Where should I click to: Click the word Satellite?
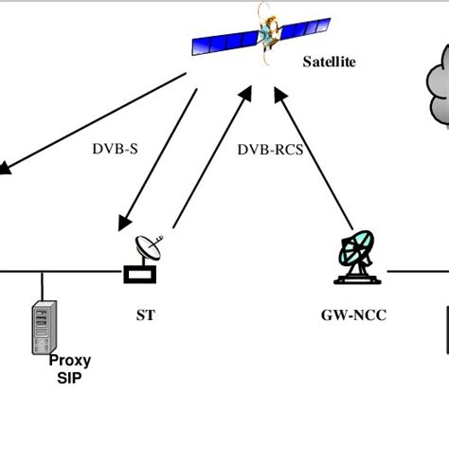pyautogui.click(x=329, y=63)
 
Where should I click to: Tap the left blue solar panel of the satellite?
pyautogui.click(x=224, y=40)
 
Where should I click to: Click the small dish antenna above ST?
pyautogui.click(x=150, y=248)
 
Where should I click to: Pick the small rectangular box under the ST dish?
pyautogui.click(x=139, y=275)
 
